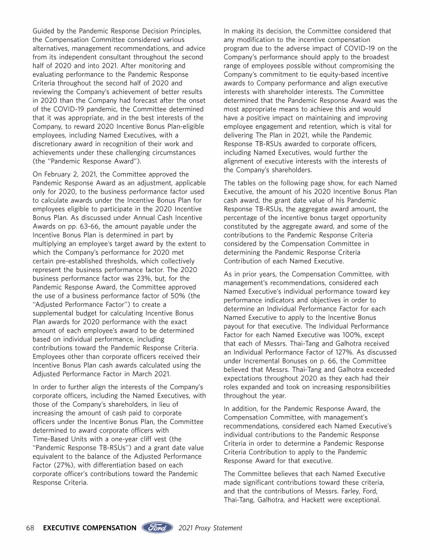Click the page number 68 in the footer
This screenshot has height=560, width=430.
coord(31,528)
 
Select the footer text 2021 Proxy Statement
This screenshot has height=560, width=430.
coord(211,528)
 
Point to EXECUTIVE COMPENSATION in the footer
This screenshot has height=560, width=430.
coord(90,528)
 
